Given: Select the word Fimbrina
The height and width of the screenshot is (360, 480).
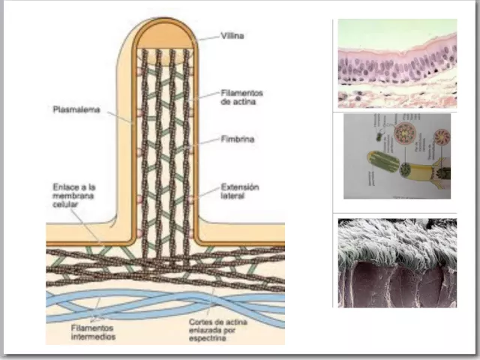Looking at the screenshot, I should [x=238, y=139].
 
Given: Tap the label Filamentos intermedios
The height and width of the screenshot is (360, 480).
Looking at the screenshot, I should [x=77, y=331].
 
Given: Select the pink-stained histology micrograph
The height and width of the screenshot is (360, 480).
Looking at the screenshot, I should [x=397, y=63].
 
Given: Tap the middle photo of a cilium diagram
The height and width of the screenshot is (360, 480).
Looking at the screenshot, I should [x=397, y=156].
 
